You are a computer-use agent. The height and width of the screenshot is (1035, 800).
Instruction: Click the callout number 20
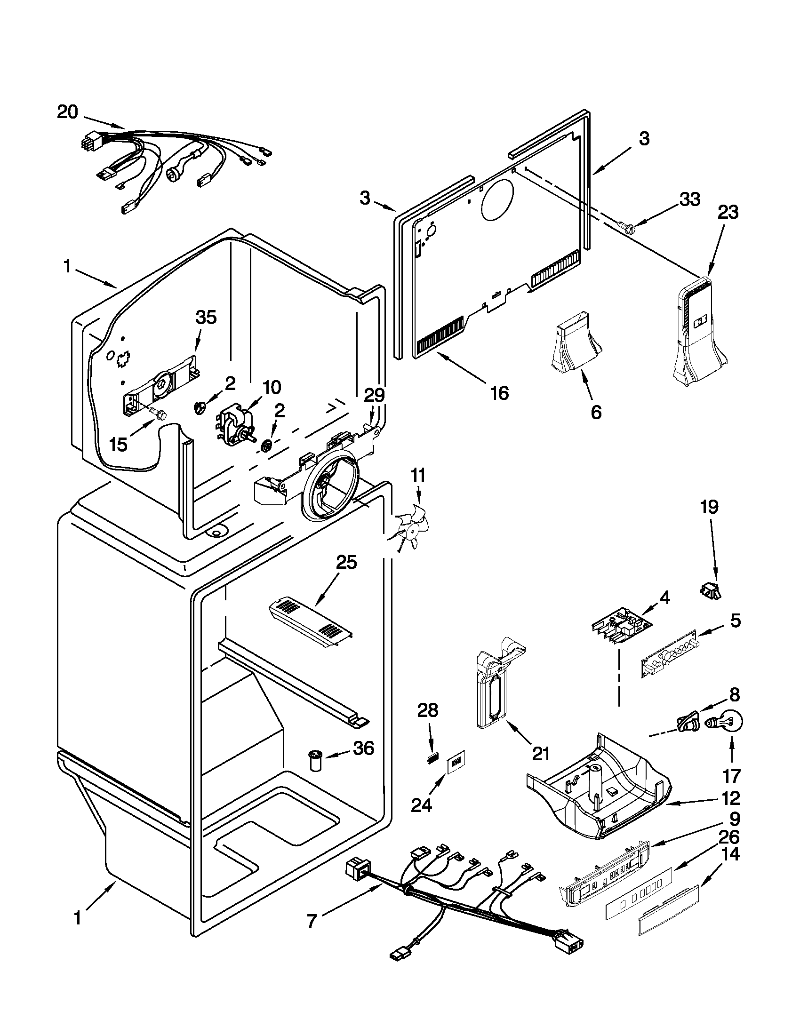tap(67, 112)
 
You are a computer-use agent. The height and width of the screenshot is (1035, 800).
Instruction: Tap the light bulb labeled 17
tap(729, 723)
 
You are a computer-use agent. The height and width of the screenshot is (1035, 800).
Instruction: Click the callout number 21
tap(541, 754)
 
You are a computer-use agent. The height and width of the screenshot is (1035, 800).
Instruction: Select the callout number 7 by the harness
tap(311, 921)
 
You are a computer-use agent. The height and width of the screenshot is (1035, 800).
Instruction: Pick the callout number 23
tap(728, 212)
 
